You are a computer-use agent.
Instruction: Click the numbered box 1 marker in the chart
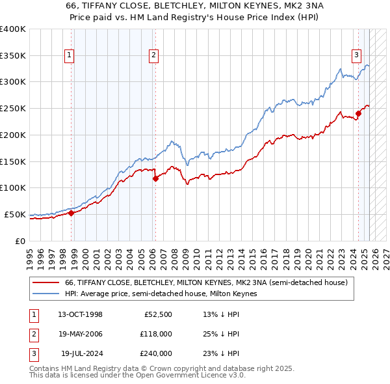coord(70,56)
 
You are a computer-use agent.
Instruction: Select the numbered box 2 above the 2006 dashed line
coord(153,56)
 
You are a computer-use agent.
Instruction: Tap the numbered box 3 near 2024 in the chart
coord(357,56)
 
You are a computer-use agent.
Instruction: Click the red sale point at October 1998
coord(71,213)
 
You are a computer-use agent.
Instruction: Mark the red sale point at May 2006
coord(155,178)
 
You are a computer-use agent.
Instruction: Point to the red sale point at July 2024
coord(358,113)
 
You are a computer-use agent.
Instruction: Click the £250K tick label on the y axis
coord(13,108)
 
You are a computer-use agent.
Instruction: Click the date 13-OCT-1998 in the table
coord(80,315)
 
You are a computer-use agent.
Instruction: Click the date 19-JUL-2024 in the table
coord(80,353)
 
